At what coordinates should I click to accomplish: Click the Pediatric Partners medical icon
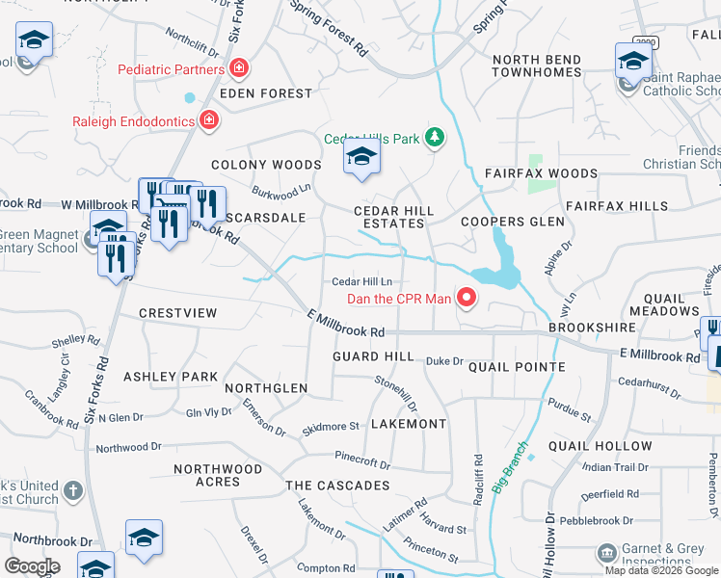238,68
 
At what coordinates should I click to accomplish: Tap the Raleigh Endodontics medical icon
209,120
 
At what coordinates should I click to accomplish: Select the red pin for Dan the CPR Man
467,298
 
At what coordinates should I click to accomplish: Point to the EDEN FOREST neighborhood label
266,93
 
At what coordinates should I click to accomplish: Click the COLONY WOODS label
266,166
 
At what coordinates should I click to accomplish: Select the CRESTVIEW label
178,313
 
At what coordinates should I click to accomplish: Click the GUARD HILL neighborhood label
372,356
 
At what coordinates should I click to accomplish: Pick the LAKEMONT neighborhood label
409,424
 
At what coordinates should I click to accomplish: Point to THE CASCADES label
337,486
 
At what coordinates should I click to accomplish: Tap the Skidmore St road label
331,426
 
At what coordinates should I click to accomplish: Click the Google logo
32,565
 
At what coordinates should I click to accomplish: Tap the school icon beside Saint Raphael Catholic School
632,63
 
